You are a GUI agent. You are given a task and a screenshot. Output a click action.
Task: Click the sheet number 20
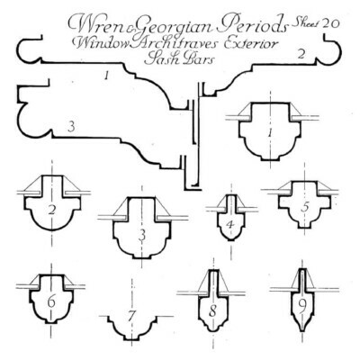click(331, 23)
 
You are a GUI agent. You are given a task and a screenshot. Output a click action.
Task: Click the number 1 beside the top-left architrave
click(105, 76)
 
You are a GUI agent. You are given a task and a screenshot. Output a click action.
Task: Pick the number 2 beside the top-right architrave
click(301, 54)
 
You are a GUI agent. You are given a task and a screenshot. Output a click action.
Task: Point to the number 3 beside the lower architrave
click(71, 127)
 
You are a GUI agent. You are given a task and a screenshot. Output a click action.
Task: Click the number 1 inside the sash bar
click(271, 132)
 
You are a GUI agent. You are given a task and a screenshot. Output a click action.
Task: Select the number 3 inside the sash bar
click(142, 235)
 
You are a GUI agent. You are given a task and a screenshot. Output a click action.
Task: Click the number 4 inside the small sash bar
click(230, 224)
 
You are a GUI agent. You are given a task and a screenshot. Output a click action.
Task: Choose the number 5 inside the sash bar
click(305, 208)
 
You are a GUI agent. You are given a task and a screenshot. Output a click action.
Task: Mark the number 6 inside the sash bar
click(51, 301)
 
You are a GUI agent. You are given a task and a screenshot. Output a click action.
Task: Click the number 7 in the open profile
click(130, 316)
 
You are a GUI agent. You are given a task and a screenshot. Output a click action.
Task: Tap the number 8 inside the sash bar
click(212, 312)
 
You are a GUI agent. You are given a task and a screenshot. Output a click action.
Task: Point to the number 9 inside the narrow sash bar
click(302, 305)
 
